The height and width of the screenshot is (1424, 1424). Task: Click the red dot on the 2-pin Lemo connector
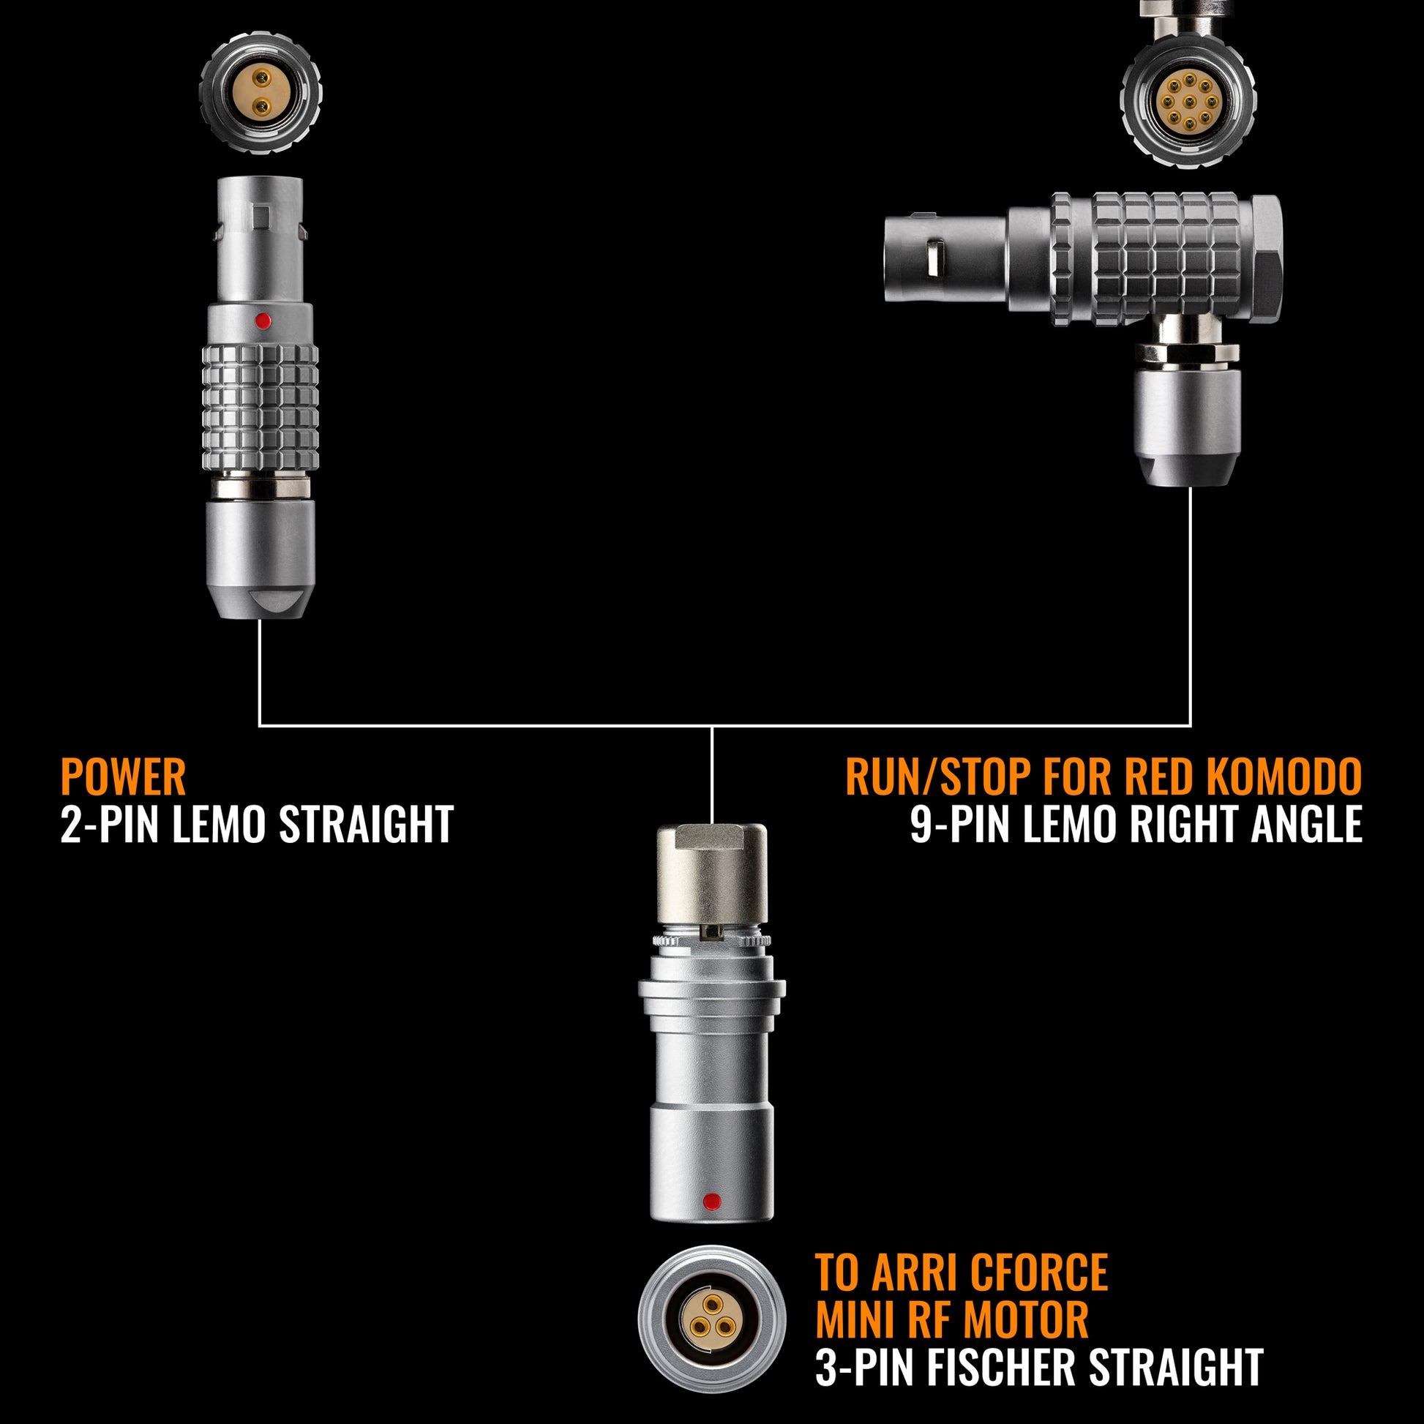click(261, 321)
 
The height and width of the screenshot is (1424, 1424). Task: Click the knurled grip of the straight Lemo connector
click(261, 407)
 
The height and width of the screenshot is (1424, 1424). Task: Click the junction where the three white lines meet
click(712, 726)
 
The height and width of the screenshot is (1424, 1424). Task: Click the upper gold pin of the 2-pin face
click(261, 78)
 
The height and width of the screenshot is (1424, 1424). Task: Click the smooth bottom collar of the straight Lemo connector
click(261, 558)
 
